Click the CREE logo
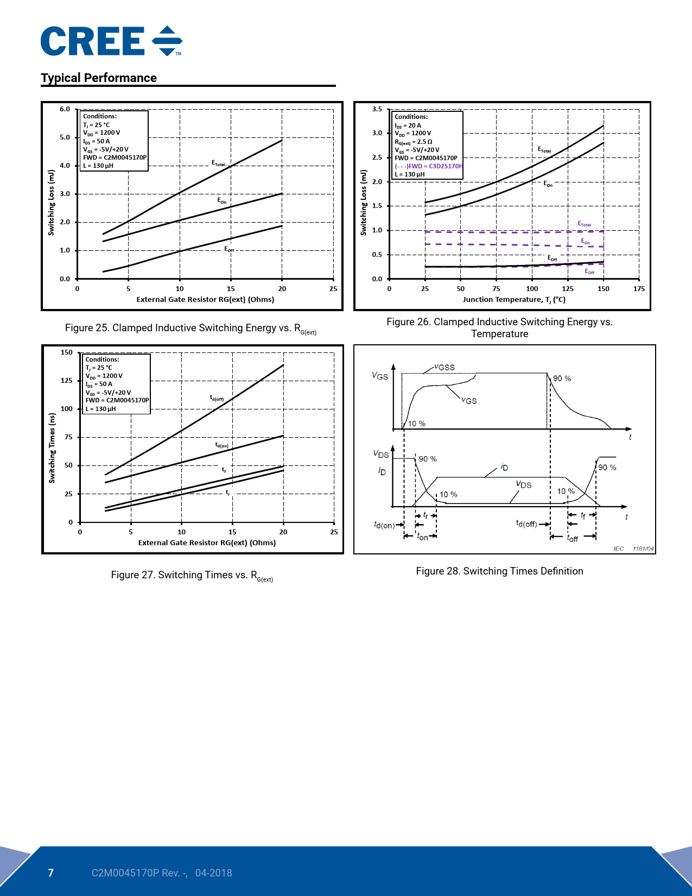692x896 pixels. click(111, 41)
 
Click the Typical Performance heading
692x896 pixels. click(99, 78)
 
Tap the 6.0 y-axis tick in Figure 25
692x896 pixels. click(65, 109)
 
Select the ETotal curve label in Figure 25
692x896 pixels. click(219, 163)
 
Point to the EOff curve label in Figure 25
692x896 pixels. click(229, 249)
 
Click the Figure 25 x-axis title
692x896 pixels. click(205, 299)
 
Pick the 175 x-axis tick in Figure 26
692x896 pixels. click(639, 289)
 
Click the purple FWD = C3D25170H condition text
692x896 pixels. click(429, 166)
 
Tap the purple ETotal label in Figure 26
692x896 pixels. click(584, 224)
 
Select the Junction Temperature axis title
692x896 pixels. click(514, 299)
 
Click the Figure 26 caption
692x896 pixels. click(499, 327)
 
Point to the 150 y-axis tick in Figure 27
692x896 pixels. click(66, 352)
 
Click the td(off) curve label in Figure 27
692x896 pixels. click(217, 398)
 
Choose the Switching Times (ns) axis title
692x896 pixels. click(52, 448)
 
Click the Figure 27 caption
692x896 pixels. click(192, 575)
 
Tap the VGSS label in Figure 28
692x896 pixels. click(445, 367)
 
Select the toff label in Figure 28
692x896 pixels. click(573, 538)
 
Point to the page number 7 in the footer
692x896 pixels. click(51, 873)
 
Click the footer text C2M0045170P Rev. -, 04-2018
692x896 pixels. click(162, 873)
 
